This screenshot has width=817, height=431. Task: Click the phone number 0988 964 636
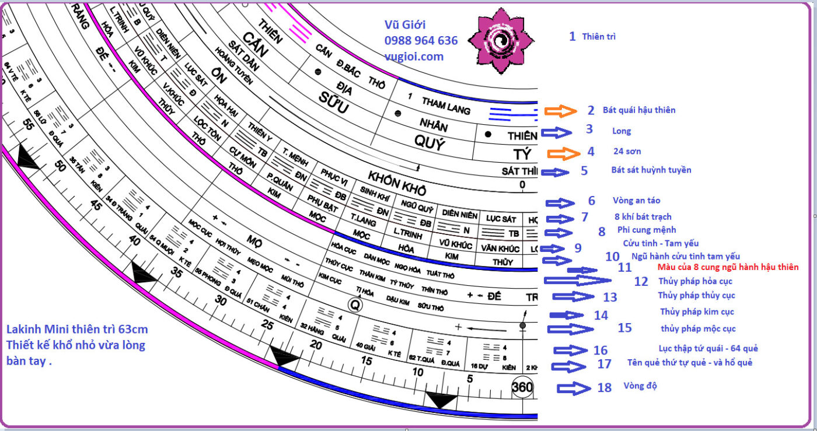pos(421,41)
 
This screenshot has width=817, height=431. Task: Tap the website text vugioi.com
pos(414,57)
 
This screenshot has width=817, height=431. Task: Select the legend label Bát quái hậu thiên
pos(639,110)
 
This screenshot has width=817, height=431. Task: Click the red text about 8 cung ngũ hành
pos(728,267)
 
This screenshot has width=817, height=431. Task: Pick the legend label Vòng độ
pos(640,386)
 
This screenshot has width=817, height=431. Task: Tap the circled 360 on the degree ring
pos(522,387)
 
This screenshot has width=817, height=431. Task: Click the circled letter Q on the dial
pos(355,304)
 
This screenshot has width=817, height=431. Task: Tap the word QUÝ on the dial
pos(429,143)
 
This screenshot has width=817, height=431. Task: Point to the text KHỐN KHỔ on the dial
pos(397,183)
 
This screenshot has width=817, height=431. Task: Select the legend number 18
pos(605,387)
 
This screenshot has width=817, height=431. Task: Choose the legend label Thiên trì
pos(599,37)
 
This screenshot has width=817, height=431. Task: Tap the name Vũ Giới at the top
pos(404,25)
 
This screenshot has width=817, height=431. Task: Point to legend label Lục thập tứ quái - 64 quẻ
pos(708,348)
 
